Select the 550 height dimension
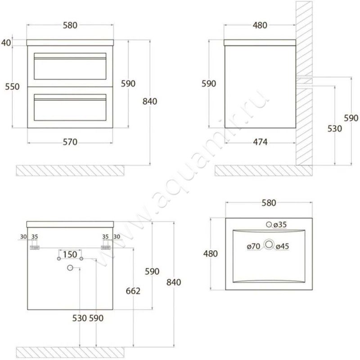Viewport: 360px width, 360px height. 13,87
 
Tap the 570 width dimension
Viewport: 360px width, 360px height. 70,142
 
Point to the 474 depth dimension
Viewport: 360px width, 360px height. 260,142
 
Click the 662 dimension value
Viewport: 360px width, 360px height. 134,291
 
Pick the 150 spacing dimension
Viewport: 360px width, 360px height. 70,254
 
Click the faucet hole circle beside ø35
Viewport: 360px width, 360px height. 269,225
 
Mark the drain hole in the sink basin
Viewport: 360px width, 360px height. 269,245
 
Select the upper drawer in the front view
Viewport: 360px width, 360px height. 70,66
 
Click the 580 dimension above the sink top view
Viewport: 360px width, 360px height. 268,203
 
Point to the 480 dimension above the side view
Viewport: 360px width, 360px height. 260,26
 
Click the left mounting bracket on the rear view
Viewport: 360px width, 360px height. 34,247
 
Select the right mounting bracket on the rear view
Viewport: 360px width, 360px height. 106,247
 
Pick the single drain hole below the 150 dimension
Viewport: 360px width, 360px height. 70,268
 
